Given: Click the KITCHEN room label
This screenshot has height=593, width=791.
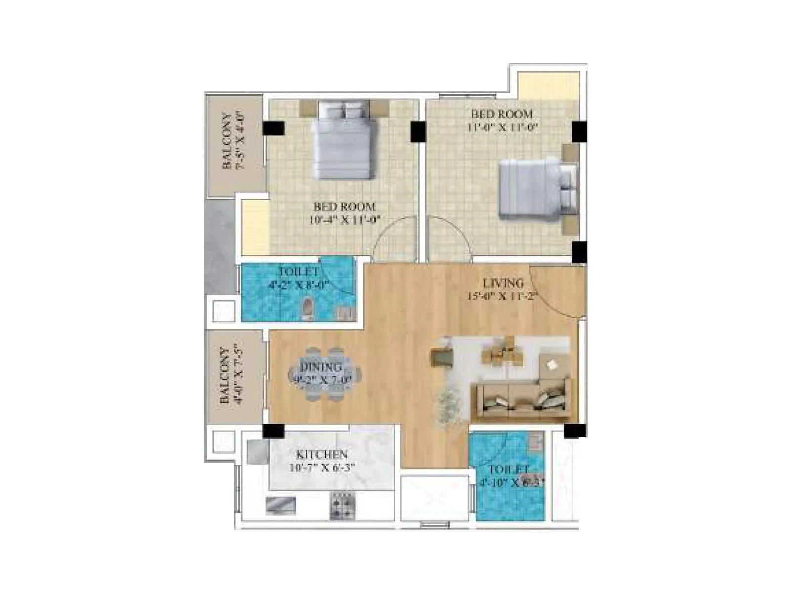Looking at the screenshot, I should click(x=321, y=454).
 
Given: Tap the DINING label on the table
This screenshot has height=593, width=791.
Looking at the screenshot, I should click(x=320, y=367).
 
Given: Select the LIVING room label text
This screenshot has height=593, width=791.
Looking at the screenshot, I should click(x=503, y=283).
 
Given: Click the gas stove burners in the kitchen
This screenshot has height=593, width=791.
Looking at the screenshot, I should click(x=343, y=505).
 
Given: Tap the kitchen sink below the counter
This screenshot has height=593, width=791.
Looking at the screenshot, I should click(x=281, y=506).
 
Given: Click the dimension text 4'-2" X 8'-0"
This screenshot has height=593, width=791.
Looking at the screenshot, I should click(x=299, y=285).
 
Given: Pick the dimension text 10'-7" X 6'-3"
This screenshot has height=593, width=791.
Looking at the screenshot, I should click(x=321, y=467).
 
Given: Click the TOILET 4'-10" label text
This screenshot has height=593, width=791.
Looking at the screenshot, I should click(x=509, y=469).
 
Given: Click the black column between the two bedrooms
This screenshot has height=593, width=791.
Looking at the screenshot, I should click(x=418, y=131).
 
